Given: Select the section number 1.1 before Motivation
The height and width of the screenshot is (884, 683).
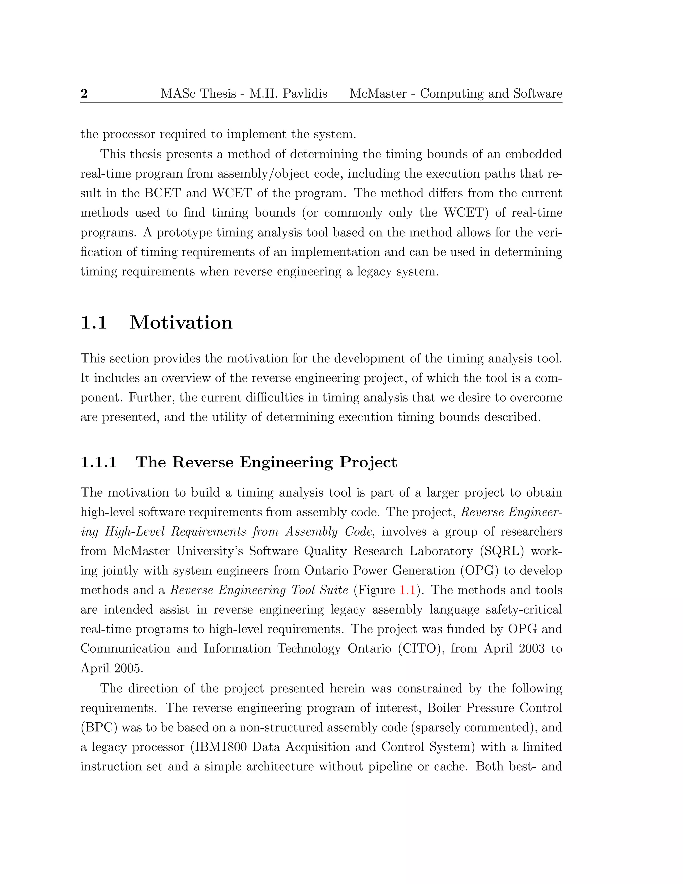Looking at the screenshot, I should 94,323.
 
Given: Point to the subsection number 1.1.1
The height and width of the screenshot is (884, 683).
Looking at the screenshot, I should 98,462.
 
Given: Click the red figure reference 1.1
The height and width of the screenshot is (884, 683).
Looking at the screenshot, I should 407,590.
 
